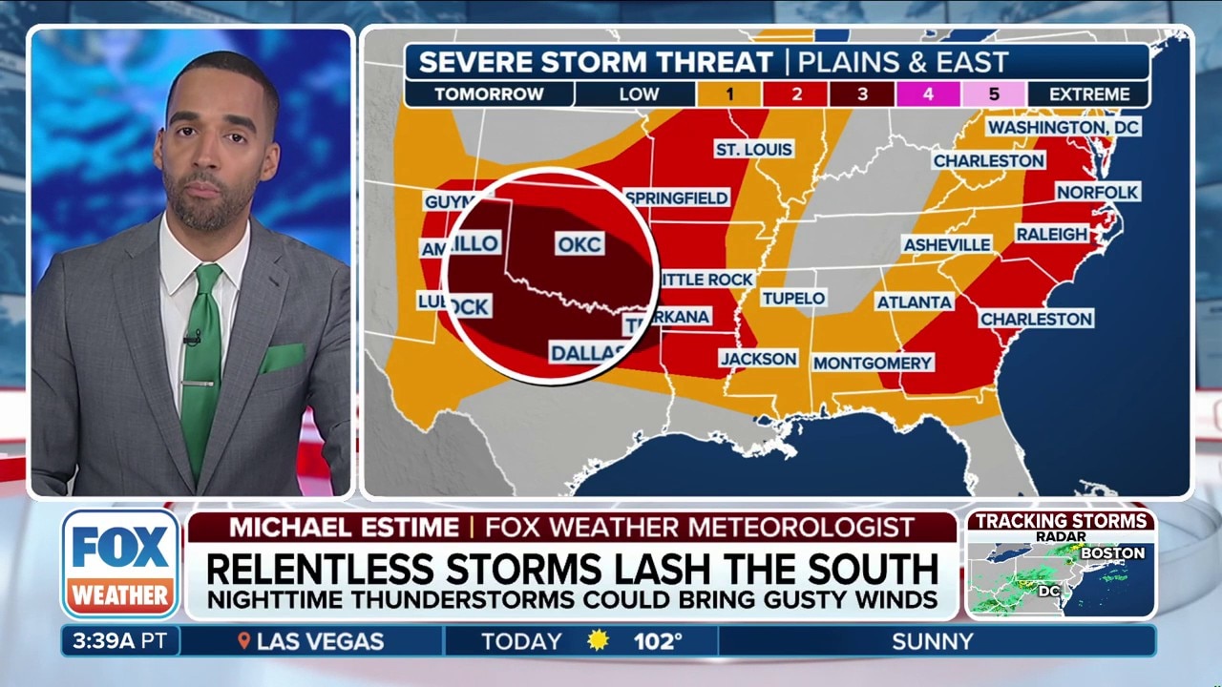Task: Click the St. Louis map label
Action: pyautogui.click(x=754, y=150)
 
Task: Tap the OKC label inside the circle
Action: pyautogui.click(x=579, y=244)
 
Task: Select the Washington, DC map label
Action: pyautogui.click(x=1064, y=127)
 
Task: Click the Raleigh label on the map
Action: pyautogui.click(x=1051, y=234)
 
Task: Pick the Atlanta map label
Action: pyautogui.click(x=914, y=302)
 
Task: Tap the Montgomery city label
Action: pyautogui.click(x=873, y=363)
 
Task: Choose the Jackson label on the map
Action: pyautogui.click(x=759, y=359)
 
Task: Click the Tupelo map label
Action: pyautogui.click(x=793, y=299)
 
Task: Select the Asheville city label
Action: pyautogui.click(x=947, y=244)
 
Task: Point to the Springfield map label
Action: pyautogui.click(x=677, y=198)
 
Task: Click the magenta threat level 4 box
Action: pyautogui.click(x=927, y=94)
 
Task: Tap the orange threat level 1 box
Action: pyautogui.click(x=728, y=94)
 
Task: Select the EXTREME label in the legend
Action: pyautogui.click(x=1089, y=94)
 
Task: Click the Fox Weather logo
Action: pyautogui.click(x=121, y=563)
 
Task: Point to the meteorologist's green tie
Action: pyautogui.click(x=201, y=363)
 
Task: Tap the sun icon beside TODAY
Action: pyautogui.click(x=599, y=641)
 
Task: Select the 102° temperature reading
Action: pyautogui.click(x=659, y=641)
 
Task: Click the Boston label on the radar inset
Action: pyautogui.click(x=1113, y=553)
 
